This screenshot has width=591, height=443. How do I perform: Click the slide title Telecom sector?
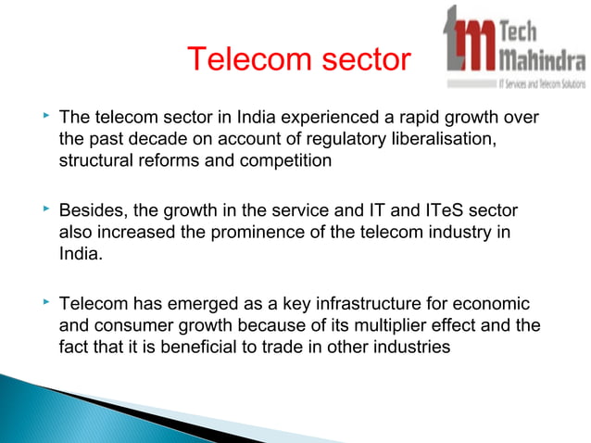point(297,60)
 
